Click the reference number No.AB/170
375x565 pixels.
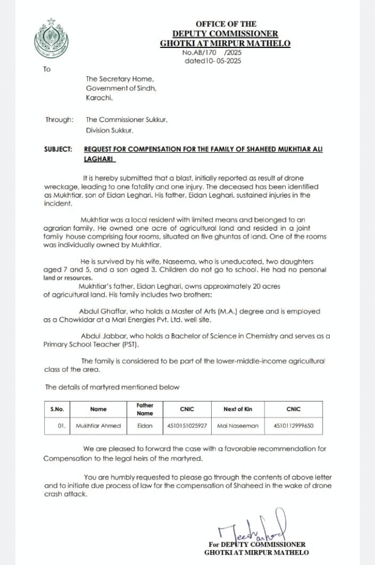(x=200, y=52)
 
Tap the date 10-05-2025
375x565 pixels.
(x=223, y=61)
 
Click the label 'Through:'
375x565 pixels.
(x=59, y=119)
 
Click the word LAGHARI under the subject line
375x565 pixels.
(x=98, y=158)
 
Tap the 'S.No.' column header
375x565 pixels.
(x=57, y=409)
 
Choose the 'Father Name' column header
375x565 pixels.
(x=145, y=409)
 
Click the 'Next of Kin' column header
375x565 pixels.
(x=237, y=409)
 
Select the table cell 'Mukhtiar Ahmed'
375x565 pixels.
(x=99, y=426)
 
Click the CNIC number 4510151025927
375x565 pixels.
(x=187, y=426)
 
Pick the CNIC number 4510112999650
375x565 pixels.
(x=293, y=426)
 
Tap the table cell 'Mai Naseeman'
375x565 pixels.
(x=238, y=426)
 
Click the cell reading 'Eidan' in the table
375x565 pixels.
(x=145, y=426)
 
